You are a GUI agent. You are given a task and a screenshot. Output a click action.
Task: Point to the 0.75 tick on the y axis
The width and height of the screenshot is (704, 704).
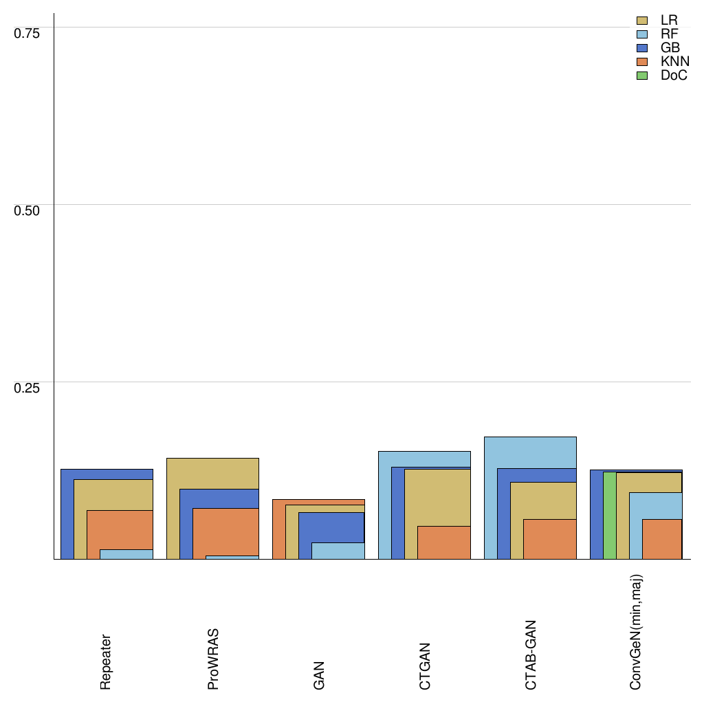27,32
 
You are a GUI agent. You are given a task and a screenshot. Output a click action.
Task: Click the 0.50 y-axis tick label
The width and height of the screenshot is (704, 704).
27,210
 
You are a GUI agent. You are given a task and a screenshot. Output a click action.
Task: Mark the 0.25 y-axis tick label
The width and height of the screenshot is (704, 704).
27,387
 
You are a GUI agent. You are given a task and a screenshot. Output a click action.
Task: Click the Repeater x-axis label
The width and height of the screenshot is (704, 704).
105,661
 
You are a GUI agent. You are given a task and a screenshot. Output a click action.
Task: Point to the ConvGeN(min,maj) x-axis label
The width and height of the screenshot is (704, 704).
637,632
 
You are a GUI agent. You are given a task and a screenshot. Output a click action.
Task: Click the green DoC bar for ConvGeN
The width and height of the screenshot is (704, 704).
609,516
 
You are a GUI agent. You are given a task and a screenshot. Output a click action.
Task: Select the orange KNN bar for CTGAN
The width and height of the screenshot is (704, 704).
443,542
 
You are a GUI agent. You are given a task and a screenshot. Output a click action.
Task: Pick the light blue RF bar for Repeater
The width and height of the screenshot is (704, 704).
126,554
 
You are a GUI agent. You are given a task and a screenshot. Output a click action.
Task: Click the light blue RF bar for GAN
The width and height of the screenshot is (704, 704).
338,551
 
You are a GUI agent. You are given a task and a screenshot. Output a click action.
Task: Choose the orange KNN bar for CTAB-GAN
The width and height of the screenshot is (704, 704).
549,539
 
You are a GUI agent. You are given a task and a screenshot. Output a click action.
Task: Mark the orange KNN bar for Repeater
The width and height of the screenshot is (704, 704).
120,529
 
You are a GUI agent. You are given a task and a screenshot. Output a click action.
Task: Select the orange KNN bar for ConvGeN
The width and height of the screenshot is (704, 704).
661,539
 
